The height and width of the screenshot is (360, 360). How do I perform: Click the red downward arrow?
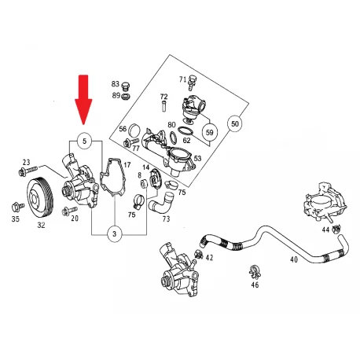tap(83, 100)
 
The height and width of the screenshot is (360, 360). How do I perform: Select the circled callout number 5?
tap(84, 141)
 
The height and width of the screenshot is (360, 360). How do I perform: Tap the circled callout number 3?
tap(115, 233)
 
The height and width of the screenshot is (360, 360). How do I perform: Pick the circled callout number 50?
tap(235, 123)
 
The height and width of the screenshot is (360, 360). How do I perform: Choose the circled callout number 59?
tap(210, 132)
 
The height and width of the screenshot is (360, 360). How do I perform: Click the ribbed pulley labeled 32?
tap(41, 198)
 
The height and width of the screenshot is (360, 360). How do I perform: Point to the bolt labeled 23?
tap(28, 171)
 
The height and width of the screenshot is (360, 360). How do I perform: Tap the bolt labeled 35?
tap(17, 207)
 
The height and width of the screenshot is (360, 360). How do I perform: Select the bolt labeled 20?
tap(69, 211)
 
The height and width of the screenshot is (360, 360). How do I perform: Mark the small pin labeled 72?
tap(163, 106)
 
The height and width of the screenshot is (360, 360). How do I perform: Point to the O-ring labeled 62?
tap(186, 131)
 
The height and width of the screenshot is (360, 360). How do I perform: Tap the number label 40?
tap(294, 259)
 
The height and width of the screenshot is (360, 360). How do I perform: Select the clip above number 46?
tap(255, 271)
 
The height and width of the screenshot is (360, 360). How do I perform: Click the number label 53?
tap(197, 158)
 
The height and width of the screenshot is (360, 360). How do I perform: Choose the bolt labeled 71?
tap(193, 81)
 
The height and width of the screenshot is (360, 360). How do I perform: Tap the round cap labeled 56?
tap(135, 129)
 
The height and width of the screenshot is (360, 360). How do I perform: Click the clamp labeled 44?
tap(336, 230)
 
